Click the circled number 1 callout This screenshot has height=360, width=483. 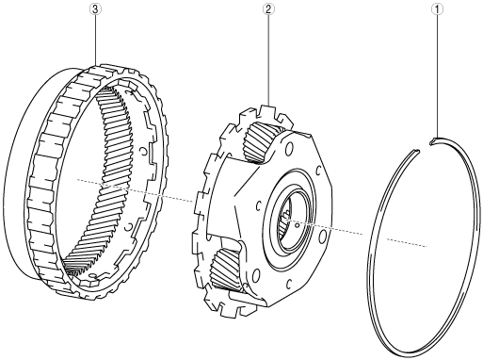pyautogui.click(x=437, y=9)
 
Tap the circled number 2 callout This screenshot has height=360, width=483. pyautogui.click(x=268, y=9)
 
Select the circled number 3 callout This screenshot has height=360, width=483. pyautogui.click(x=95, y=9)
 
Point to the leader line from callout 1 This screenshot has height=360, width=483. pyautogui.click(x=437, y=76)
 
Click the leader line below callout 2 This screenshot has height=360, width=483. pyautogui.click(x=268, y=60)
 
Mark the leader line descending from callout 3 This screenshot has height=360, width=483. pyautogui.click(x=95, y=41)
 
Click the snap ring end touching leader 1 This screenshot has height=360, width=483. pyautogui.click(x=435, y=140)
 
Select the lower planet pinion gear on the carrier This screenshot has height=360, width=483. pyautogui.click(x=227, y=268)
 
